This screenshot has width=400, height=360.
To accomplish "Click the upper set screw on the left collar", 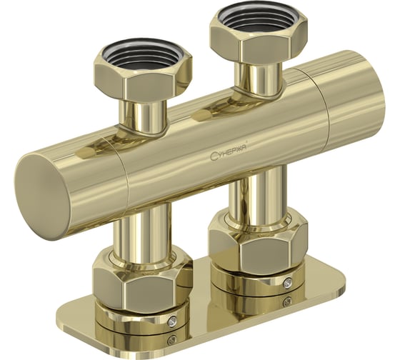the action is [x=172, y=321].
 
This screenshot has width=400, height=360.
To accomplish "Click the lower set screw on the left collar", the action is [x=172, y=339].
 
